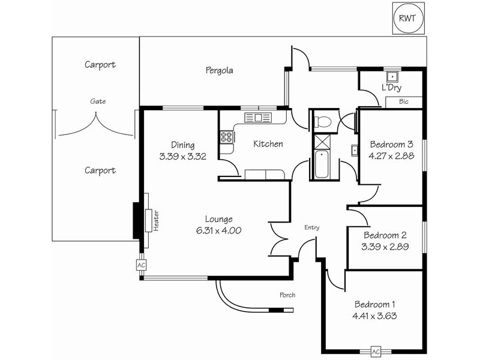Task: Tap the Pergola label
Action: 217,70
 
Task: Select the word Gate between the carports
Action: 98,101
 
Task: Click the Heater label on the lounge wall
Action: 155,220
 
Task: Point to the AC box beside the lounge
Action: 142,265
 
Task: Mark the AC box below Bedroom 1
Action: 376,351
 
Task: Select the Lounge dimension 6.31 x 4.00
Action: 218,230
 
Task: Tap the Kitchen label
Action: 268,144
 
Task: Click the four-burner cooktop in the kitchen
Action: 226,137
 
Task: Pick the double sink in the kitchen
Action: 262,118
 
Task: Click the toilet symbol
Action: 322,121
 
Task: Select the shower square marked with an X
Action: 322,143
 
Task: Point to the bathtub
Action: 322,166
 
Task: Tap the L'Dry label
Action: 391,88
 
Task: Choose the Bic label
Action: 404,102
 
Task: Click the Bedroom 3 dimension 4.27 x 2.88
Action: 391,155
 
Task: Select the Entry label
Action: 312,227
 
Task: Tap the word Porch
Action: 287,295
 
